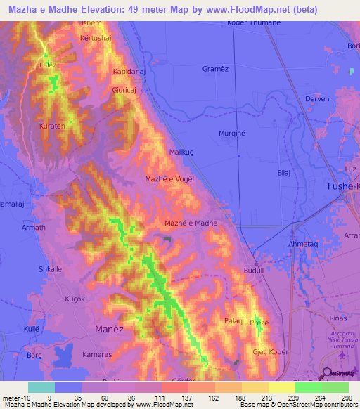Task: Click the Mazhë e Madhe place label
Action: point(191,223)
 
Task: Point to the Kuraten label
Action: point(51,126)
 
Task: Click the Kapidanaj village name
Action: point(131,72)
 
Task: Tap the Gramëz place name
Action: point(217,69)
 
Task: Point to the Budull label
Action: point(252,270)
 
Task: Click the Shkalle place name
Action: point(51,269)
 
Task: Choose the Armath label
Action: point(33,228)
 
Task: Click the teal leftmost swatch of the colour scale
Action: point(41,387)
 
